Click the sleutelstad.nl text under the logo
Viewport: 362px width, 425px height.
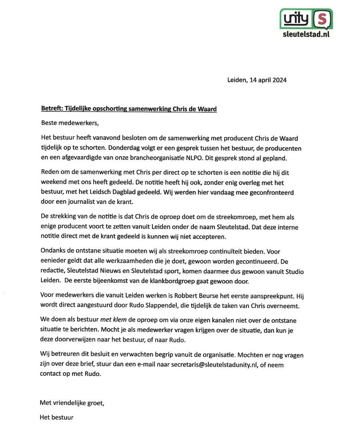pyautogui.click(x=306, y=35)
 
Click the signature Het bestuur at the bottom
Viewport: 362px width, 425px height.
pyautogui.click(x=57, y=417)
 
